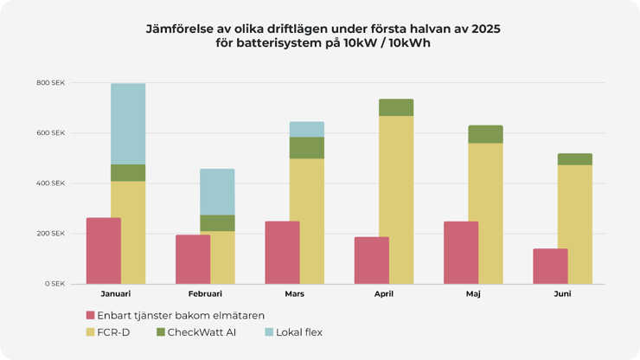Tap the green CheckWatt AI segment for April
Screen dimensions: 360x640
(x=395, y=107)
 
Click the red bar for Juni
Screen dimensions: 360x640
(x=550, y=267)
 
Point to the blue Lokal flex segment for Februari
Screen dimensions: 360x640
(x=217, y=191)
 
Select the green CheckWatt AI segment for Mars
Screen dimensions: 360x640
(x=306, y=148)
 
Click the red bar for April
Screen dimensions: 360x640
(x=371, y=260)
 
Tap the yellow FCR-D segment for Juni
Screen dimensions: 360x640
(x=575, y=224)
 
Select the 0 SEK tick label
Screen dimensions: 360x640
(x=55, y=284)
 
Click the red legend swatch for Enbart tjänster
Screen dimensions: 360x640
(x=91, y=315)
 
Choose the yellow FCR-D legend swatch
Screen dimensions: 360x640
(x=91, y=332)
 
